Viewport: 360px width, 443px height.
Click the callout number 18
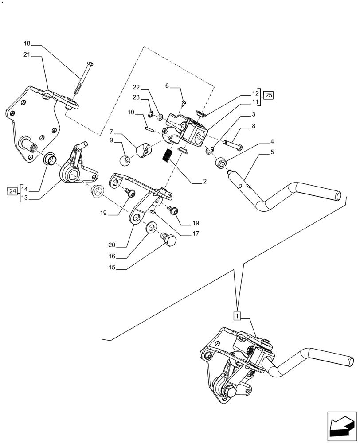click(27, 43)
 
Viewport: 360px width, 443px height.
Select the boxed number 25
click(269, 95)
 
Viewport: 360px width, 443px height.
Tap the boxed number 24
click(12, 191)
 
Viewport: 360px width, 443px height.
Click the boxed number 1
click(238, 316)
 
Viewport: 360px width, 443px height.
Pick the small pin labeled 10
click(150, 129)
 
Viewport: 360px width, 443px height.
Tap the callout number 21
click(27, 55)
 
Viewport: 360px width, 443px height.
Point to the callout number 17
click(195, 233)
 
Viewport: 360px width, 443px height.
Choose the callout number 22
click(137, 88)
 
